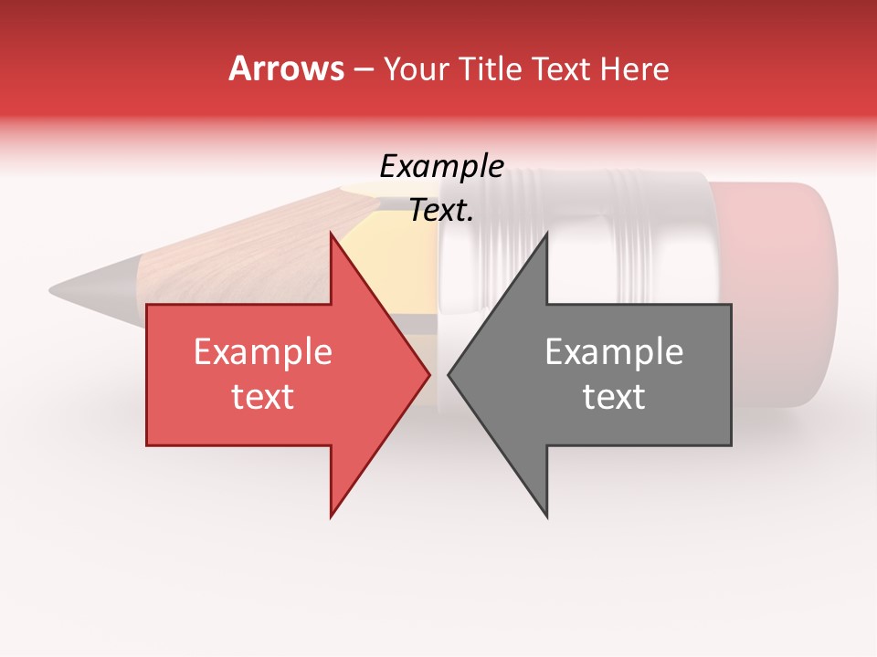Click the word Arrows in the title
click(x=287, y=68)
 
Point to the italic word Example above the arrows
click(x=441, y=167)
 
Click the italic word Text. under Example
click(x=441, y=211)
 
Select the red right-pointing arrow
click(x=274, y=374)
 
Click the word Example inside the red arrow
click(x=263, y=352)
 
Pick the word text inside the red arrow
click(x=263, y=397)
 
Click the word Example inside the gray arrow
click(x=614, y=352)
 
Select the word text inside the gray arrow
click(x=614, y=397)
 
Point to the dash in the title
click(x=363, y=69)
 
